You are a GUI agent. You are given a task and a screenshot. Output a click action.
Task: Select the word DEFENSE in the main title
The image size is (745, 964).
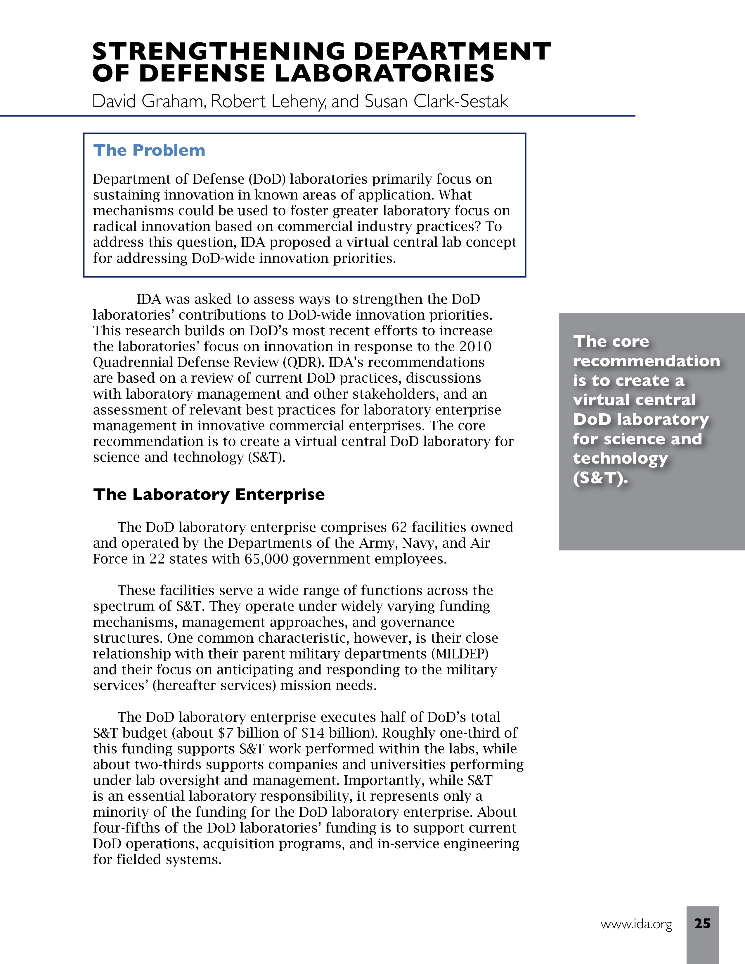coord(202,73)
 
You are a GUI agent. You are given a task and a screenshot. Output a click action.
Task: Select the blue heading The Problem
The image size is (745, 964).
coord(149,150)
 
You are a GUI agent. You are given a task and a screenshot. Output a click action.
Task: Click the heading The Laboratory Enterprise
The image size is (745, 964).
coord(209,494)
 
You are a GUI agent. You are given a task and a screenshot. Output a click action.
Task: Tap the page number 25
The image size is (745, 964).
coord(702,923)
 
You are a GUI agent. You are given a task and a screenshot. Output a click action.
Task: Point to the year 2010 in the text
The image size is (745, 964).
coord(475,346)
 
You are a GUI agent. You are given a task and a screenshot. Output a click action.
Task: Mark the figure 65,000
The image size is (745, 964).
coord(266,559)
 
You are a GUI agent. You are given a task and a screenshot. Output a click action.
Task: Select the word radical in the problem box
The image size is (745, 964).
coord(115,226)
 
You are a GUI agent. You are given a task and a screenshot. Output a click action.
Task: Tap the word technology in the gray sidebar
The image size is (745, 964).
coord(620,459)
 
